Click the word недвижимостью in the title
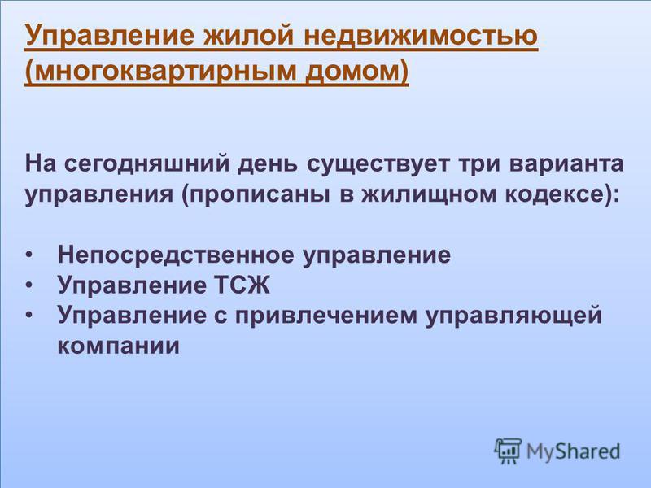421,35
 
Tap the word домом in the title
352,71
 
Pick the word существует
378,165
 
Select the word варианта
566,163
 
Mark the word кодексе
554,194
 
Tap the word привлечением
326,316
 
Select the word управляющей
514,316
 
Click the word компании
118,346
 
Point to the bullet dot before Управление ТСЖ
28,285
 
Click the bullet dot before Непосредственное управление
28,255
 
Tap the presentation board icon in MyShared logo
508,451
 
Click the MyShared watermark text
574,452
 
